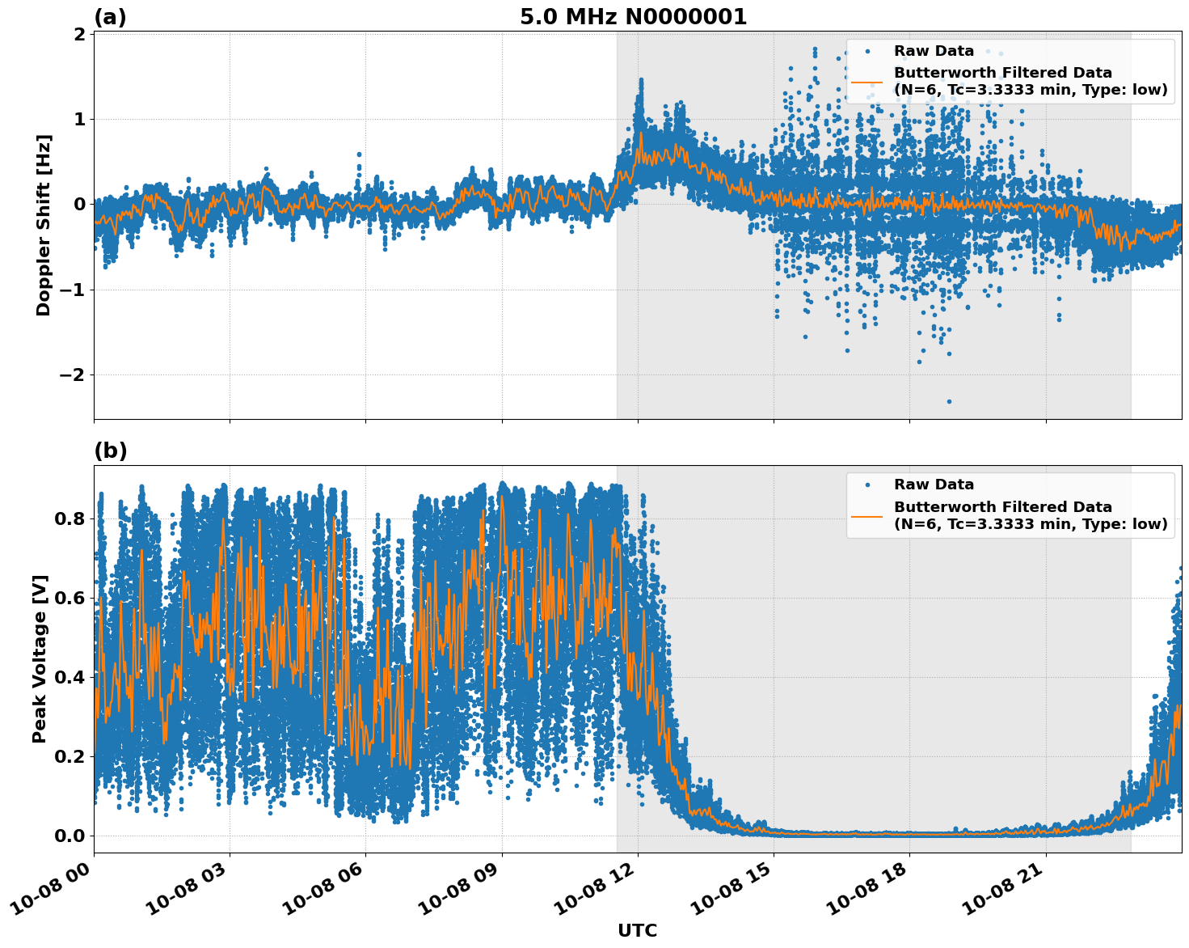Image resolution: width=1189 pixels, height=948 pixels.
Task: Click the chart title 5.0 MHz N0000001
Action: (633, 17)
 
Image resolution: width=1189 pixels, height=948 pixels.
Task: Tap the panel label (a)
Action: (110, 17)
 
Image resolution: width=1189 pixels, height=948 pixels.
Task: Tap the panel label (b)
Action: (110, 451)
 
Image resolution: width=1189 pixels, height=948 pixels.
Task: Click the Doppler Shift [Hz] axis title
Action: (44, 225)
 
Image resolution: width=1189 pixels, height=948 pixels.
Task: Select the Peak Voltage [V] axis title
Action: (40, 658)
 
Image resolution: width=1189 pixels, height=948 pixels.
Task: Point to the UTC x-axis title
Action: (637, 930)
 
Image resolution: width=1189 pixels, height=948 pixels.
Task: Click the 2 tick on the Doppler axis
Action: (79, 34)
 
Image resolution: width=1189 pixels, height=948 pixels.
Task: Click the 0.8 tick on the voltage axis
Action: (69, 518)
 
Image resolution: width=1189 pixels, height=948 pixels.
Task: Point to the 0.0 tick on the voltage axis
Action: (69, 836)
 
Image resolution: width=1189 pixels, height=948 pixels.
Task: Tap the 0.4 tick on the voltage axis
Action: (69, 677)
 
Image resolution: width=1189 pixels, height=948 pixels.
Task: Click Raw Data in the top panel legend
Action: (934, 51)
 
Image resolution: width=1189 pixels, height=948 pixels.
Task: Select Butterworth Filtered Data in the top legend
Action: (1002, 73)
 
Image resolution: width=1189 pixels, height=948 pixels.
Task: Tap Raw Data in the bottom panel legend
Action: (934, 485)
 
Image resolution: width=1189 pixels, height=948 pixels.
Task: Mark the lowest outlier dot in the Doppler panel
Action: (949, 401)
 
